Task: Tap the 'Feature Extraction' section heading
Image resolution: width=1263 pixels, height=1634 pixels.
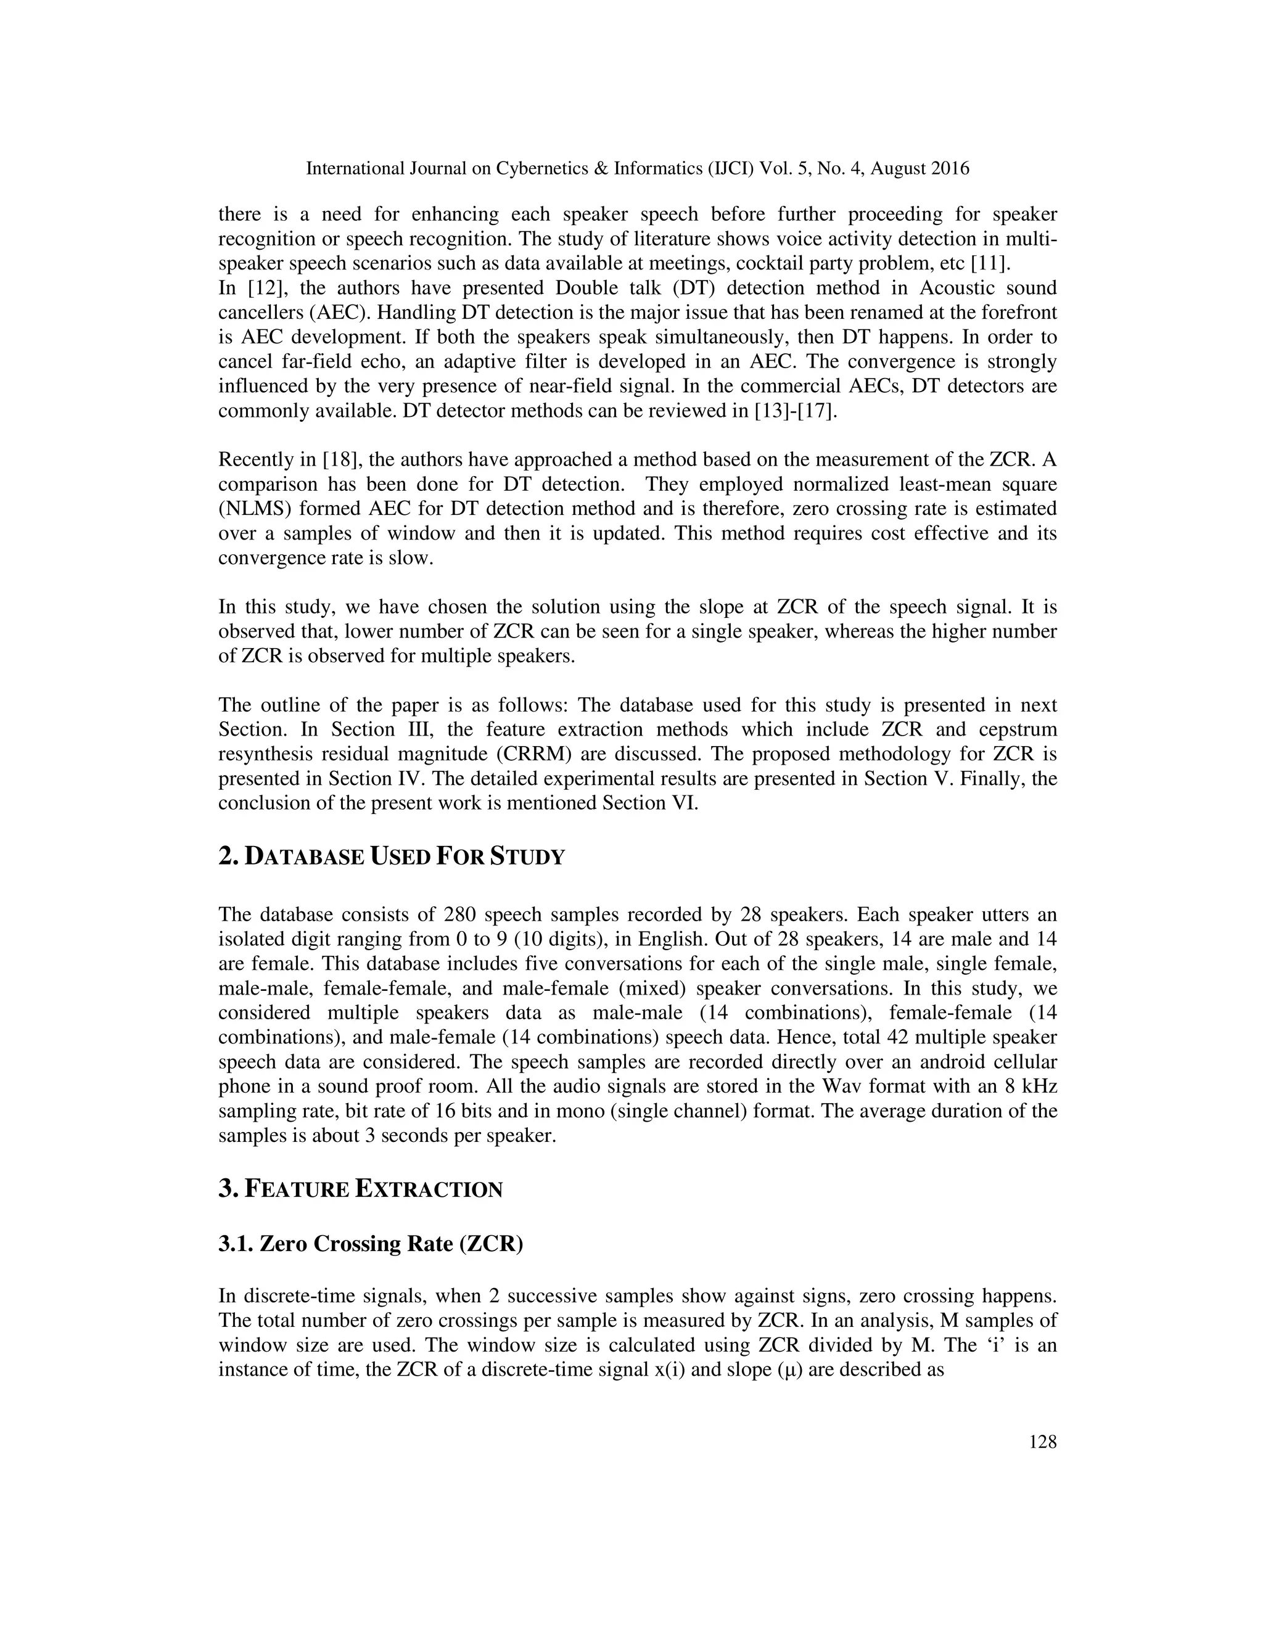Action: coord(361,1189)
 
